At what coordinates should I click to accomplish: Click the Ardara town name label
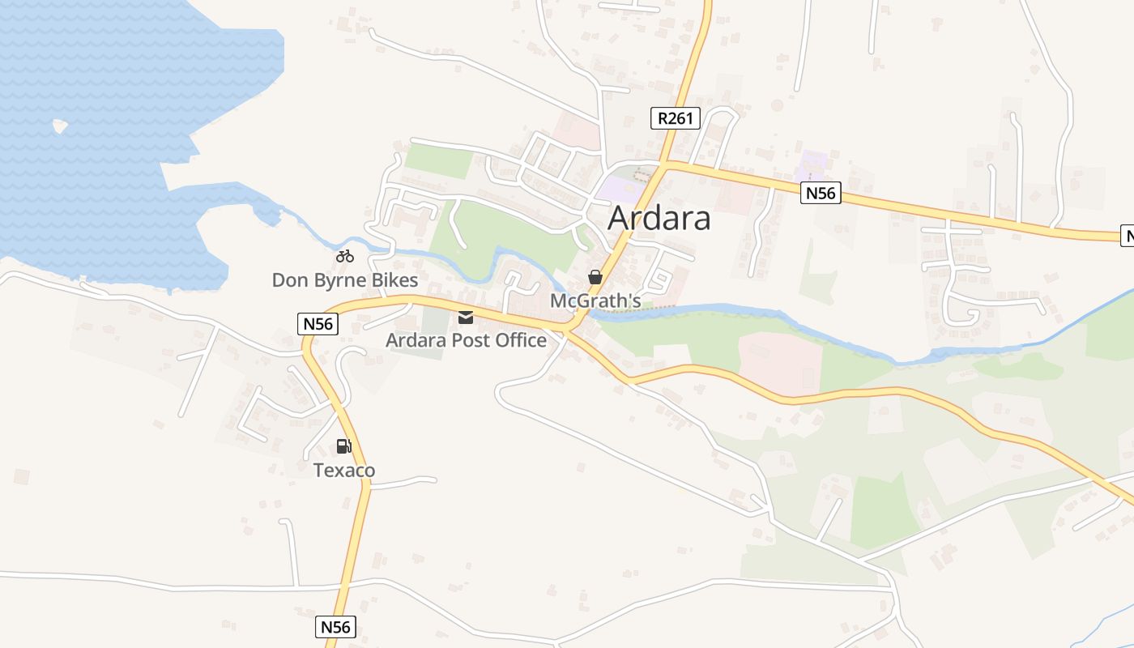tap(659, 218)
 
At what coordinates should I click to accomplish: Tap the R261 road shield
tap(675, 118)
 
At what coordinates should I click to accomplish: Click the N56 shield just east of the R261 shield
tap(821, 193)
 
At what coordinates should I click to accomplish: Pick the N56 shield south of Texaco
tap(335, 627)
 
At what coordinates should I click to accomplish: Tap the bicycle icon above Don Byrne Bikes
tap(345, 256)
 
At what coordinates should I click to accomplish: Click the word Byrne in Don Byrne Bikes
tap(344, 281)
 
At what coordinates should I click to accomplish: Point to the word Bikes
tap(395, 281)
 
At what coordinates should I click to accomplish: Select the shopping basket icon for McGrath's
tap(595, 277)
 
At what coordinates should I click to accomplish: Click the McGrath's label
tap(595, 301)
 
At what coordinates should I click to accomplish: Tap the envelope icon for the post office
tap(466, 317)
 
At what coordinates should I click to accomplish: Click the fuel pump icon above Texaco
tap(343, 446)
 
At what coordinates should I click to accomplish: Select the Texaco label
tap(343, 471)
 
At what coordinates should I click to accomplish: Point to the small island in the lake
tap(59, 126)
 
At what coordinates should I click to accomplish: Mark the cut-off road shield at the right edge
tap(1127, 236)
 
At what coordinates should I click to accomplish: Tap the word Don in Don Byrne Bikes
tap(289, 281)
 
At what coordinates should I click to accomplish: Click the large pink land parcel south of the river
tap(779, 359)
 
